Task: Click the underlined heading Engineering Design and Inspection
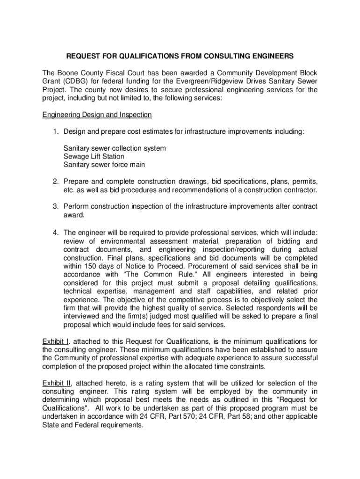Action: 97,115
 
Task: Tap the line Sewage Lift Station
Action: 94,156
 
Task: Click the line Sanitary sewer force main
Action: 104,165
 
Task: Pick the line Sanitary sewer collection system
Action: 115,148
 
